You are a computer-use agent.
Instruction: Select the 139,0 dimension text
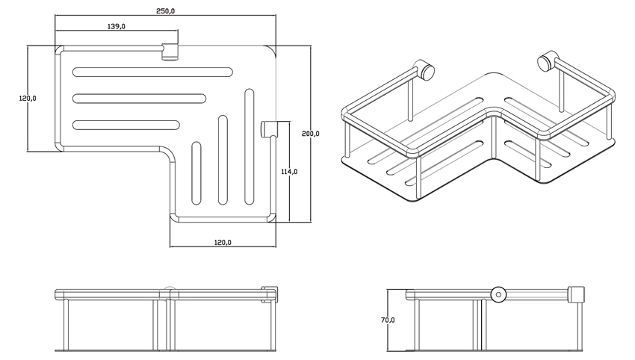(x=115, y=26)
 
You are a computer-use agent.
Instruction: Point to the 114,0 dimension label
(x=289, y=171)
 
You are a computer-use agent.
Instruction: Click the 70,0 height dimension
(x=387, y=320)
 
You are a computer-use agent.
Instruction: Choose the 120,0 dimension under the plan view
(x=222, y=242)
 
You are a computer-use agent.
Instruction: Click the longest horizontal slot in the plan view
(x=152, y=72)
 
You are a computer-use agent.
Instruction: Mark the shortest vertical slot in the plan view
(x=197, y=173)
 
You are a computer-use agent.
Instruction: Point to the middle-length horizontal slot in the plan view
(x=140, y=98)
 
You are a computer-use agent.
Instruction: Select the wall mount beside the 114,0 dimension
(x=269, y=129)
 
